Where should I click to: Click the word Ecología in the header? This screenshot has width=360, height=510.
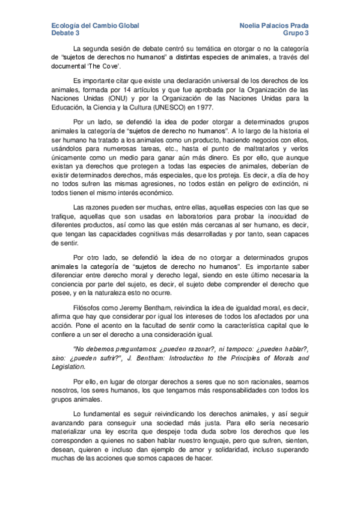coord(65,26)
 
